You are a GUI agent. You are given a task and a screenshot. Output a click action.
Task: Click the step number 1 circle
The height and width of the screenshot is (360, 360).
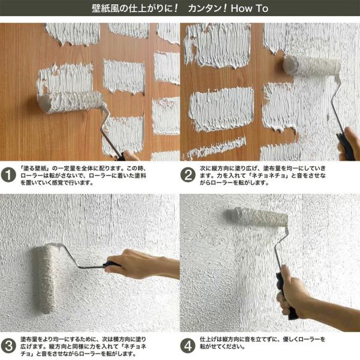pos(8,176)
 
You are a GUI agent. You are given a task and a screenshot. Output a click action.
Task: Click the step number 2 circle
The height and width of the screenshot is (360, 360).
pos(188,175)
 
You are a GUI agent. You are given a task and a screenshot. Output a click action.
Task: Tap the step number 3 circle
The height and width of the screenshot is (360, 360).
pos(8,346)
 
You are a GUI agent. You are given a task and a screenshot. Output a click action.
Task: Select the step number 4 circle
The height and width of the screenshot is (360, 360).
pos(188,346)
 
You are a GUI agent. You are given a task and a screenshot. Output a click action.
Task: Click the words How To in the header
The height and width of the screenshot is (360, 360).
pos(250,8)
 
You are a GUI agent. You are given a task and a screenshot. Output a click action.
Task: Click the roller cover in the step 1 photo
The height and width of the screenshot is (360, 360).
pos(70,102)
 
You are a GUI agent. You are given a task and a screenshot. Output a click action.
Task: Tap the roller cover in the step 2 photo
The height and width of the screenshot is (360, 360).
pos(311,66)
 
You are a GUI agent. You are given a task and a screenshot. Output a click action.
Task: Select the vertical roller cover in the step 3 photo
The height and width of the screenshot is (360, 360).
pos(46,279)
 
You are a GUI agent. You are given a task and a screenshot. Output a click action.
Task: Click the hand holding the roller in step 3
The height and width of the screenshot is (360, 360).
pos(142,264)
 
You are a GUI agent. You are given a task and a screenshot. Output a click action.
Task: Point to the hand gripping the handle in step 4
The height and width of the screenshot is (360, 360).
pos(296,294)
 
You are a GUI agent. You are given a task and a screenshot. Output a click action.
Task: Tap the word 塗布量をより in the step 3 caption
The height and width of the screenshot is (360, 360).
pos(37,339)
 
